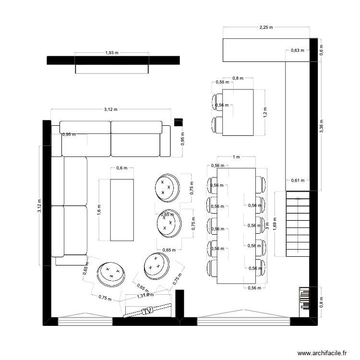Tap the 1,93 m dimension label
tap(112, 53)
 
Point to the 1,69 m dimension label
tap(275, 224)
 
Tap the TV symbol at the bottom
tap(148, 311)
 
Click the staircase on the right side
tap(297, 224)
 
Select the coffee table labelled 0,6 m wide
tap(122, 209)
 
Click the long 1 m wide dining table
tap(236, 226)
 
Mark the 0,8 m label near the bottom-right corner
tap(322, 302)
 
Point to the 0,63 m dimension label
tap(298, 50)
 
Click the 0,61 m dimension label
tap(298, 180)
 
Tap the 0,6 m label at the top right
tap(322, 50)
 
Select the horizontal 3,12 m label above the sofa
tap(110, 109)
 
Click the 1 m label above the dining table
tap(236, 157)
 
